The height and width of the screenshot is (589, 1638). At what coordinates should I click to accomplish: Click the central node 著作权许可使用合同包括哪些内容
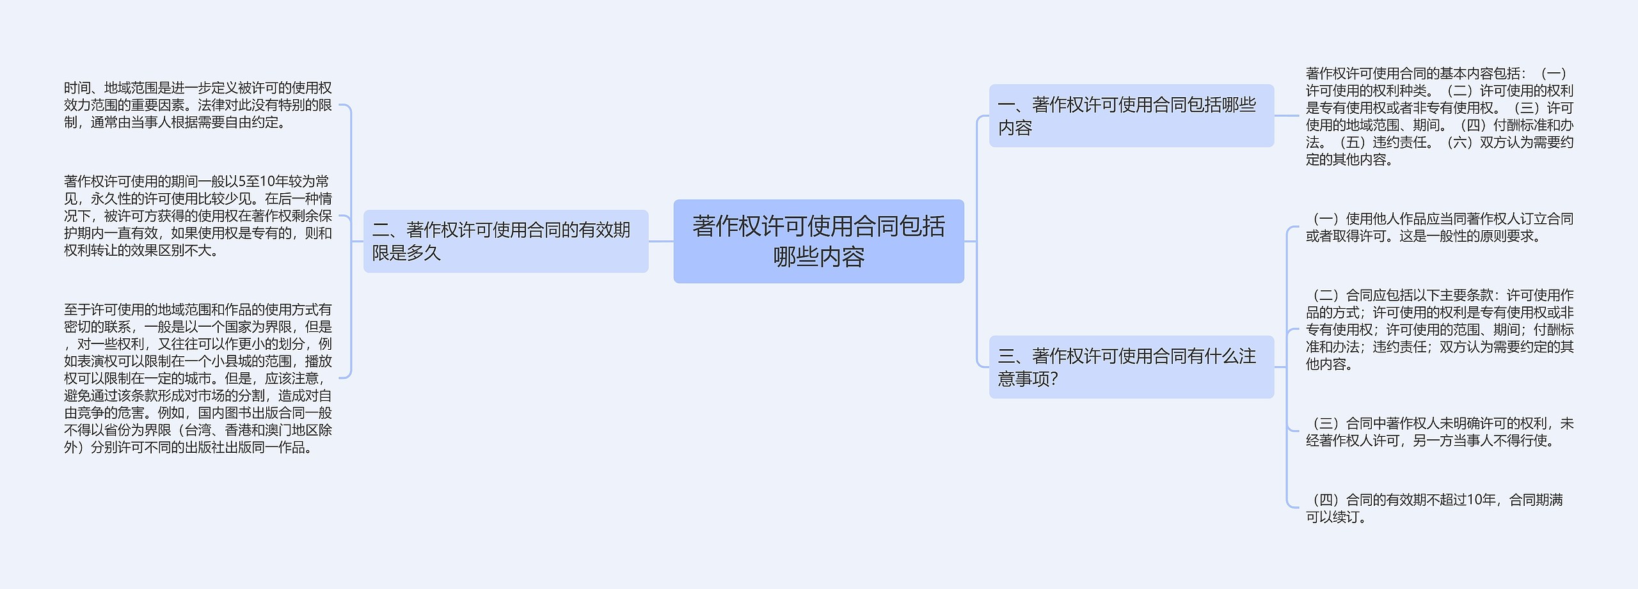[x=818, y=241]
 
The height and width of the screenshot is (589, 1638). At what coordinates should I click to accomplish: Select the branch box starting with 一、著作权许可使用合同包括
[x=1131, y=116]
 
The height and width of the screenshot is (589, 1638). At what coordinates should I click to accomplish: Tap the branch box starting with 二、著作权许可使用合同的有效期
[x=505, y=241]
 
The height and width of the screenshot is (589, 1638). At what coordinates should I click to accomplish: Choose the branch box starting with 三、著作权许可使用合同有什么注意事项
[x=1131, y=367]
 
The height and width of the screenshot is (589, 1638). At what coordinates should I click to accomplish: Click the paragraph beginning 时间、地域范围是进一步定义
[x=198, y=105]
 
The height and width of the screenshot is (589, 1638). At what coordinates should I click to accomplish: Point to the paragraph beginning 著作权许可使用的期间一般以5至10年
[x=198, y=216]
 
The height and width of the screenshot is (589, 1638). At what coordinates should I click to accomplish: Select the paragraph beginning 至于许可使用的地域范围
[x=198, y=379]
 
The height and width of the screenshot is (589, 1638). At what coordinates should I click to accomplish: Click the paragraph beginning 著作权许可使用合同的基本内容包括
[x=1439, y=116]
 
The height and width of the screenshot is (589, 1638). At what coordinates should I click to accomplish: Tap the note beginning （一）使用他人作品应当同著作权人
[x=1439, y=228]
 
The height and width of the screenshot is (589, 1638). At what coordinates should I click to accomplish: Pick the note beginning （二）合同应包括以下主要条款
[x=1439, y=330]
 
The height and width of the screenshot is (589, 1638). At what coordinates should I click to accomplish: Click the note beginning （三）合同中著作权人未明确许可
[x=1439, y=432]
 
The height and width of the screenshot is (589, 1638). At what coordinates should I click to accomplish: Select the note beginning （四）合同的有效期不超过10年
[x=1433, y=508]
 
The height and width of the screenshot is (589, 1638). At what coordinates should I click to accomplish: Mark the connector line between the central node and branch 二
[x=661, y=242]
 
